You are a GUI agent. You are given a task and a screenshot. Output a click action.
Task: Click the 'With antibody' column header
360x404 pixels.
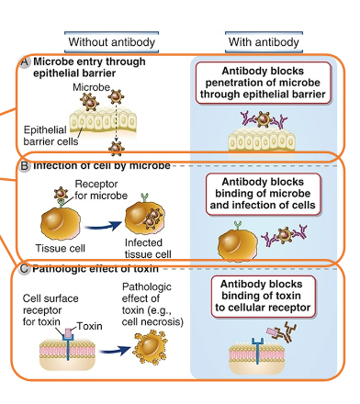click(264, 43)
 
